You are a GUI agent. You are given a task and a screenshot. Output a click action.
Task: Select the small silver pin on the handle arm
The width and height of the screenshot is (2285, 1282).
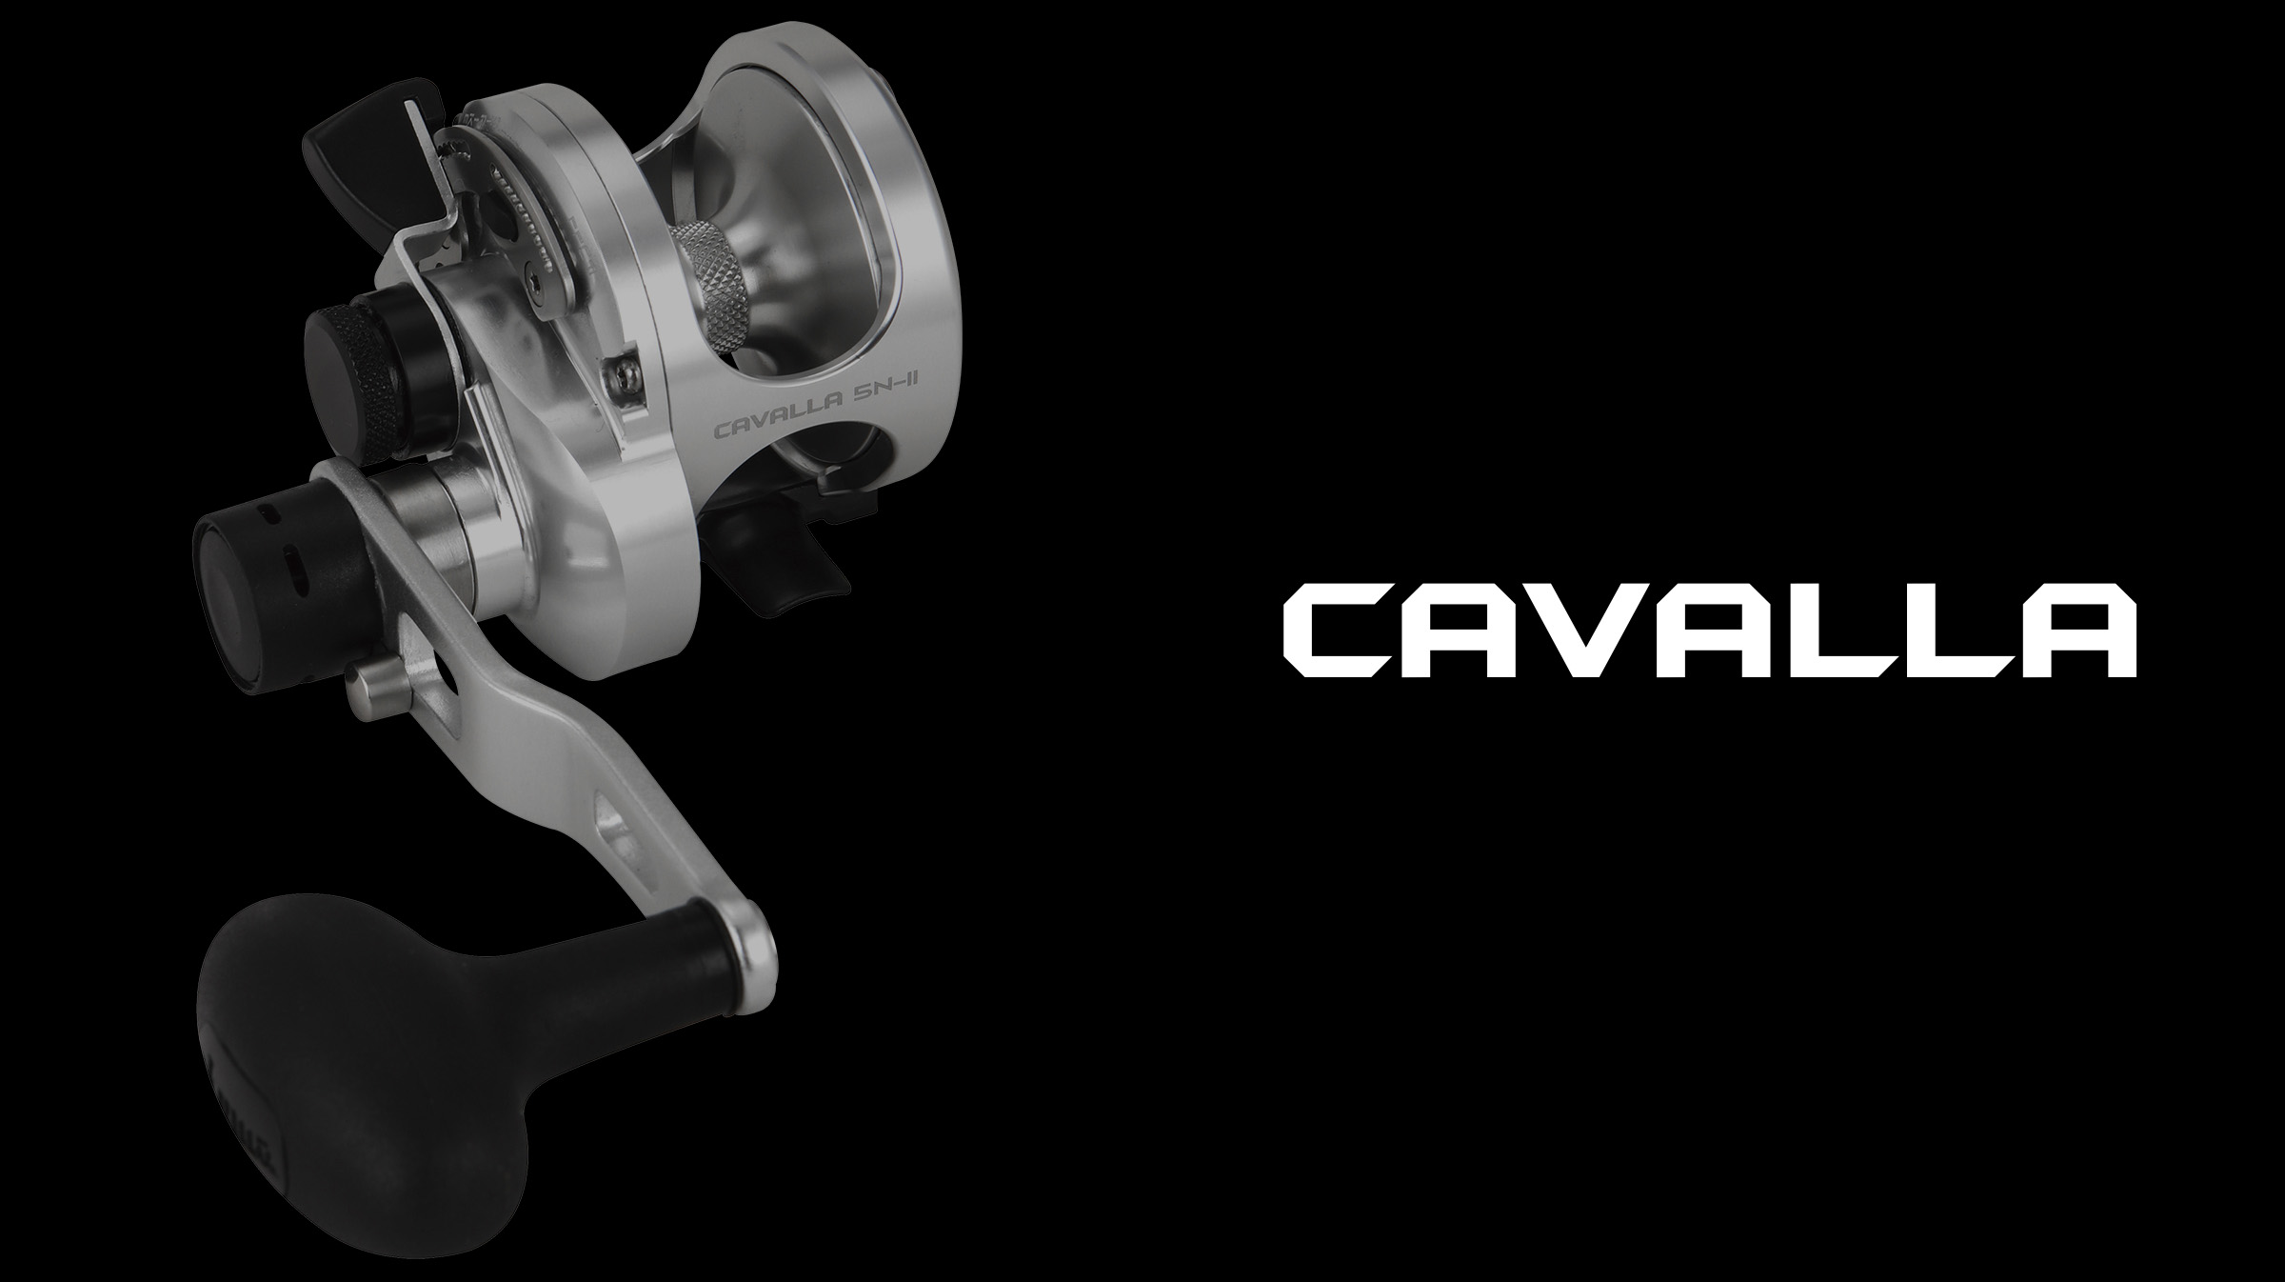367,682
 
